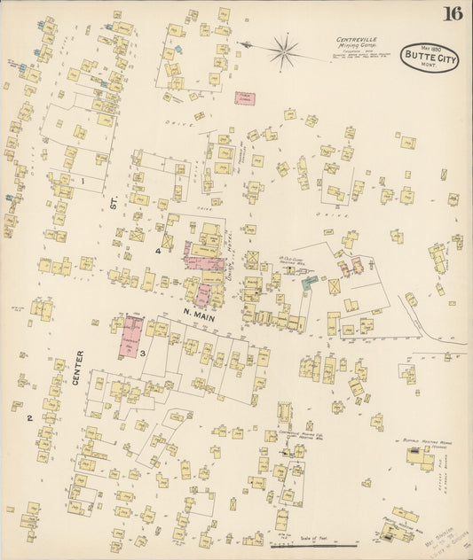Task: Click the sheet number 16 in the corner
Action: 453,13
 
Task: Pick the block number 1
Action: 83,182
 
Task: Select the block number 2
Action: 28,416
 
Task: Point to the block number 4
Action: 158,251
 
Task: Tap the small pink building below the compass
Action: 244,99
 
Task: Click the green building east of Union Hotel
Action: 308,284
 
